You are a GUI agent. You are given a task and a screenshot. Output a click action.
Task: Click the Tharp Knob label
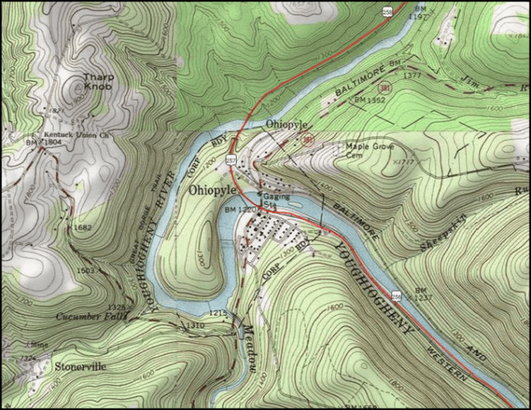click(x=98, y=82)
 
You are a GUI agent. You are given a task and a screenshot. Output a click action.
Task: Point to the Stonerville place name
click(x=79, y=367)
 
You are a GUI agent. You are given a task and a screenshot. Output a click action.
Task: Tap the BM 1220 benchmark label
click(x=239, y=211)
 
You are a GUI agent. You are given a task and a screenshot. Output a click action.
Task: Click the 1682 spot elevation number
click(x=83, y=228)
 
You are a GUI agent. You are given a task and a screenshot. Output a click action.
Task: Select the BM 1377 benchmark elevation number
click(x=412, y=74)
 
